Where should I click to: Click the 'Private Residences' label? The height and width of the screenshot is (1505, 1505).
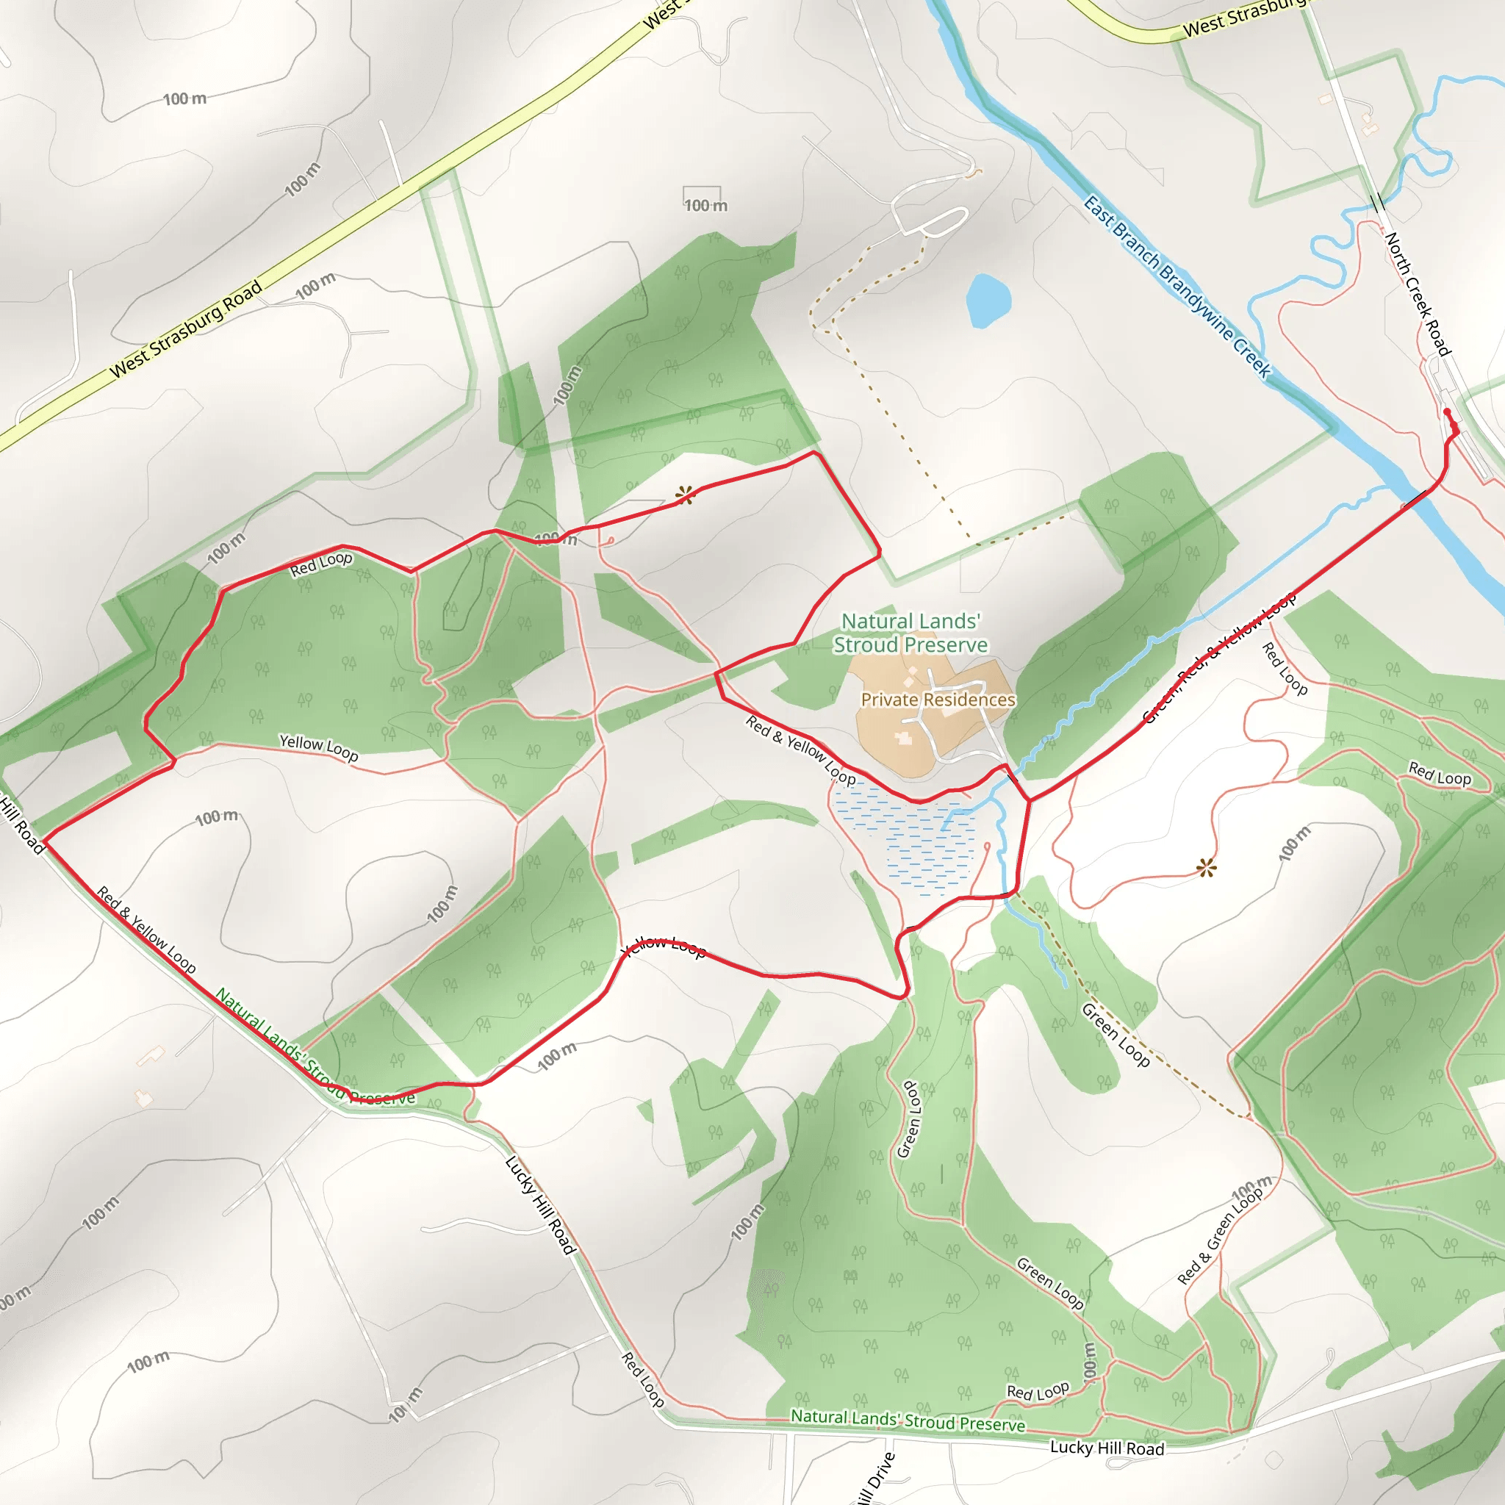[938, 700]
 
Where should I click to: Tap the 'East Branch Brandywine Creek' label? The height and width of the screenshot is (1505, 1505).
[1177, 287]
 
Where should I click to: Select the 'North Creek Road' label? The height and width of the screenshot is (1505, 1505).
[1418, 294]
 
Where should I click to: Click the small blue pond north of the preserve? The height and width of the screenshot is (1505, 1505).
[988, 300]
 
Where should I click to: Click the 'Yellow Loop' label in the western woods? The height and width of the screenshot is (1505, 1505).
[319, 748]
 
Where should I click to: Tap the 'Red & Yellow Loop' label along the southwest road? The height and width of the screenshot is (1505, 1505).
[146, 930]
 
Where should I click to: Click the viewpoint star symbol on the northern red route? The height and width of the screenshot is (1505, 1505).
[685, 495]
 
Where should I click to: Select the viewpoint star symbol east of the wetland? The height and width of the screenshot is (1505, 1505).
[1206, 868]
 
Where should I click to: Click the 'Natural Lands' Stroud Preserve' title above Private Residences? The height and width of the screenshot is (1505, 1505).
[910, 633]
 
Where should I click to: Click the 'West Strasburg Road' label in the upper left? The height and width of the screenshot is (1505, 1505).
[186, 329]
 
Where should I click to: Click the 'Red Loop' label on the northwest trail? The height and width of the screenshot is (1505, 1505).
[321, 564]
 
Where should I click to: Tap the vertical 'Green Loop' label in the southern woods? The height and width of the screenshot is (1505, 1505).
[910, 1119]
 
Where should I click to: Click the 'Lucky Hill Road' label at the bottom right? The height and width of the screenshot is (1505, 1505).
[1107, 1448]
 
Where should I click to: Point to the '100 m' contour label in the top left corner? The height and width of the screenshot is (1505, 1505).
[184, 99]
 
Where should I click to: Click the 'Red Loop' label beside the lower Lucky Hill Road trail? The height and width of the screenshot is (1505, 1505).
[643, 1379]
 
